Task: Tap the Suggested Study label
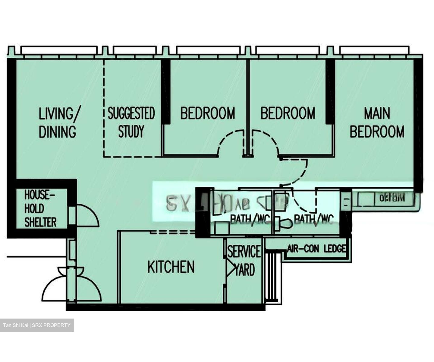point(131,122)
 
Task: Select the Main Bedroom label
point(377,122)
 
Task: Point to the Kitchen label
point(171,267)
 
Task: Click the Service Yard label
point(244,260)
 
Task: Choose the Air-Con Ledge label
point(316,249)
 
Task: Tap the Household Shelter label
point(40,208)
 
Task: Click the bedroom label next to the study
point(208,113)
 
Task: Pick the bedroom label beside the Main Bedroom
point(288,113)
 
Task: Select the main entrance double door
point(72,285)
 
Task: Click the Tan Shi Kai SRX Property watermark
point(37,325)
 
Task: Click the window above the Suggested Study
point(135,50)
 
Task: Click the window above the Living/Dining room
point(59,50)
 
